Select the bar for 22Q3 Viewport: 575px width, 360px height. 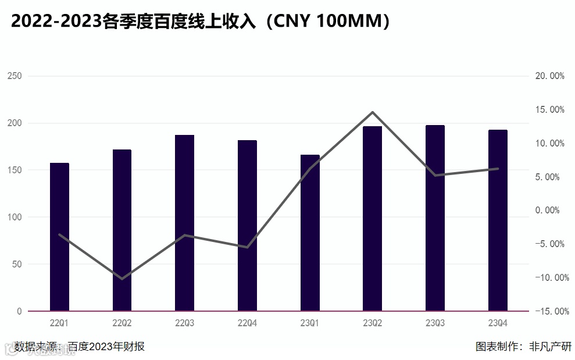[x=184, y=223]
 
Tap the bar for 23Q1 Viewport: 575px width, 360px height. [x=310, y=233]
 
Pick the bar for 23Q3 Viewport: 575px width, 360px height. [x=435, y=218]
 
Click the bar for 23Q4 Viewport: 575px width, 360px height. [x=498, y=220]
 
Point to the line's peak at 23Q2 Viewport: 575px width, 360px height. [x=372, y=112]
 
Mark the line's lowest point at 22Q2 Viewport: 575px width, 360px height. [x=122, y=279]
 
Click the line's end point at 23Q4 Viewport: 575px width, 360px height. [x=498, y=169]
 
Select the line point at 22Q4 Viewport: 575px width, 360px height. [x=247, y=247]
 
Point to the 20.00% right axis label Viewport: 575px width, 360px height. [x=549, y=76]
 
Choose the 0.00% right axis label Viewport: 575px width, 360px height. [x=549, y=211]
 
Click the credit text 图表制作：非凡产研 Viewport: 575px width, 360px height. [x=523, y=347]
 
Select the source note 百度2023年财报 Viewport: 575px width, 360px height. [x=106, y=347]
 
